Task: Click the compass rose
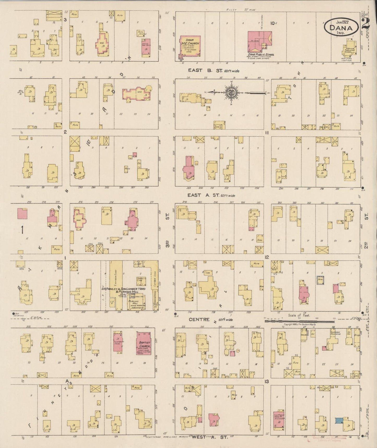(x=232, y=93)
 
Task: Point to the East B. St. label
(x=213, y=71)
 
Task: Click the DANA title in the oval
(x=341, y=28)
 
